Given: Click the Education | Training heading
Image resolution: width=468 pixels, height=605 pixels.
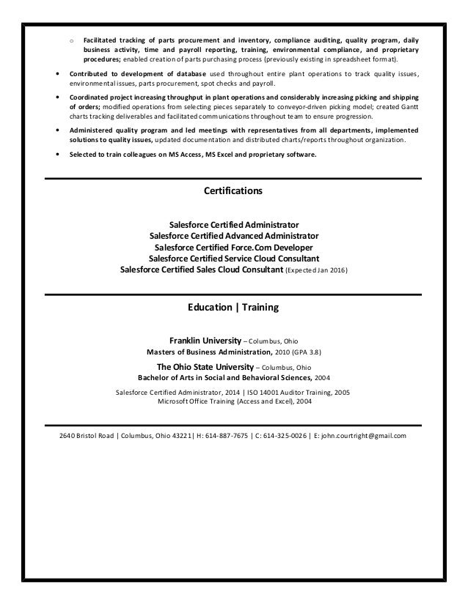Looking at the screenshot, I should coord(233,308).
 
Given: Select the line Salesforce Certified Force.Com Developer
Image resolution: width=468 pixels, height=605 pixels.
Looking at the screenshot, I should coord(233,248).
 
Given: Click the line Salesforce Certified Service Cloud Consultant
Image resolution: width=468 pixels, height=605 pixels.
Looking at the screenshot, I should coord(233,259).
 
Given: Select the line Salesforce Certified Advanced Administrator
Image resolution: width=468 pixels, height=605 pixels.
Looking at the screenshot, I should coord(233,237).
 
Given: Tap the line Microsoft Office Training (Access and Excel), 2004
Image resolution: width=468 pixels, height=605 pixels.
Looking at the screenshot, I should coord(233,402).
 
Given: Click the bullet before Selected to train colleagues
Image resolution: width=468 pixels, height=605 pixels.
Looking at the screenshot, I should coord(59,155).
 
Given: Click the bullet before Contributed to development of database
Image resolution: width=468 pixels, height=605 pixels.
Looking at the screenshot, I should coord(59,75).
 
